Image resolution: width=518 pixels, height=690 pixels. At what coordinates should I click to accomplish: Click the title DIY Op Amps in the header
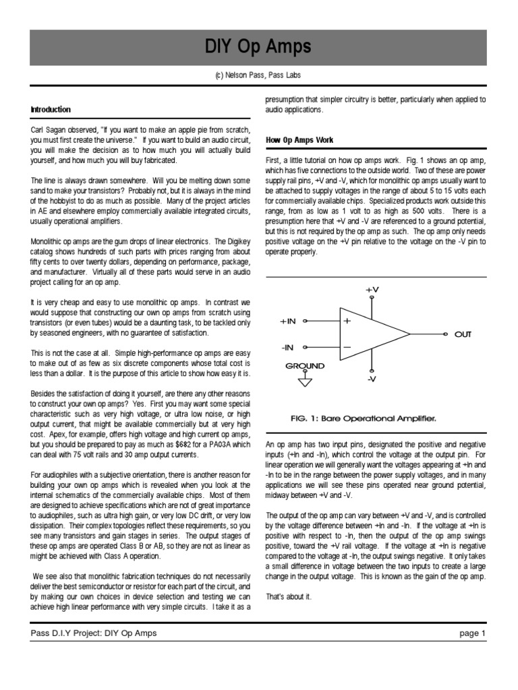point(258,46)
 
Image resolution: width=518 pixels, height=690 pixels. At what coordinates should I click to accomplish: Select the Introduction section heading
point(51,109)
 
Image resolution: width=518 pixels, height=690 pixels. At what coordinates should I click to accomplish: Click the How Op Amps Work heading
point(299,140)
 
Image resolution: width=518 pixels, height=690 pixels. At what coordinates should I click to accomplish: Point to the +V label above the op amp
point(372,289)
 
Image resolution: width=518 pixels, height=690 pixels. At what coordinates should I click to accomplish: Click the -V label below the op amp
point(371,379)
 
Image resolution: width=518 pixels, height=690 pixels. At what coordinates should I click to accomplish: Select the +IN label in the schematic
point(288,321)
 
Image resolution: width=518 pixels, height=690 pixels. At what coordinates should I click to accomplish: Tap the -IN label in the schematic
point(287,348)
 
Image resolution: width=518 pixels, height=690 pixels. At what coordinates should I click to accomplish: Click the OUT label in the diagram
point(463,334)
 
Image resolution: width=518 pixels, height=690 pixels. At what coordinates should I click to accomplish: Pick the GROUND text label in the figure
point(305,366)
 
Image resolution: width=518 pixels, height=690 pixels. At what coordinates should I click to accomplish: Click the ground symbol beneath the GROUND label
point(305,381)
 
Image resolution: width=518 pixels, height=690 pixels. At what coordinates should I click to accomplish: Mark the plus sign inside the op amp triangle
point(347,321)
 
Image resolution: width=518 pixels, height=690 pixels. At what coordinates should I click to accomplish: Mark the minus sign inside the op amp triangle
point(347,347)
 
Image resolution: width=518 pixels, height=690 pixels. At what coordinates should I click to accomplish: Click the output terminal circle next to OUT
point(444,334)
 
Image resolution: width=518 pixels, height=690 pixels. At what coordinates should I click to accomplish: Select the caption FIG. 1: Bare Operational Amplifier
point(363,418)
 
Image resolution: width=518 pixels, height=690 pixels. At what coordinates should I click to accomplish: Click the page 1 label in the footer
point(472,633)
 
